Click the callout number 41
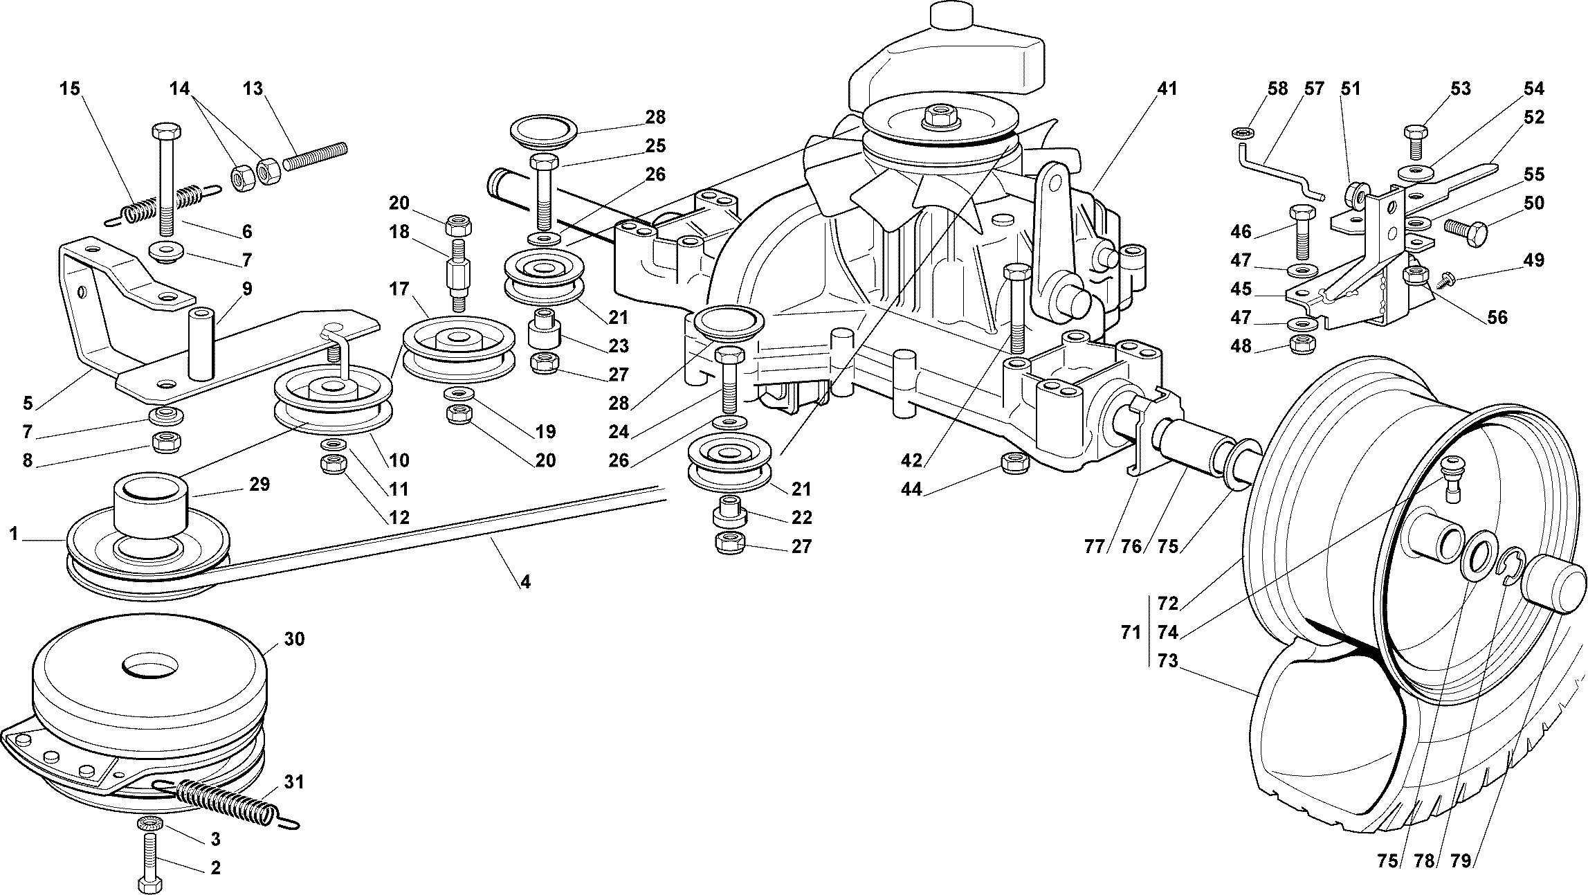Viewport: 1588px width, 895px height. click(1167, 89)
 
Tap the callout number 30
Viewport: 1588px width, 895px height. click(294, 639)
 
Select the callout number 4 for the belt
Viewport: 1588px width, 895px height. click(525, 582)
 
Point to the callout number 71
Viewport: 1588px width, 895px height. click(1131, 632)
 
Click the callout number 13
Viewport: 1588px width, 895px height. click(253, 89)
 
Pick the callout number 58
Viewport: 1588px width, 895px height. click(1277, 89)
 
